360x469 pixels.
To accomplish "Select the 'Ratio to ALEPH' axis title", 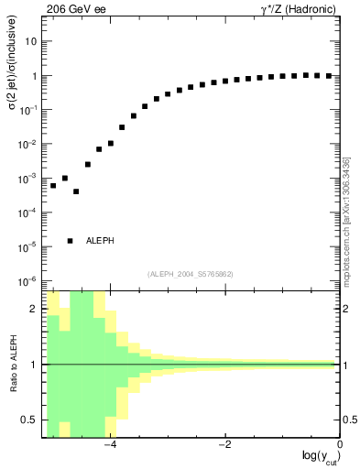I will (14, 365).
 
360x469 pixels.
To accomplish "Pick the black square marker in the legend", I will (71, 241).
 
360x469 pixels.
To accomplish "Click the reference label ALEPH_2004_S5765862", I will (191, 274).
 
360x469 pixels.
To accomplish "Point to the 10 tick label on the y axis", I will (31, 42).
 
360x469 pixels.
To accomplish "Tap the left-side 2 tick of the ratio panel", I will (35, 309).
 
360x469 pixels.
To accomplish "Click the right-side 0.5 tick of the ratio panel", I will (350, 420).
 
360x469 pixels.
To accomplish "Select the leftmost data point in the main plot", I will (53, 186).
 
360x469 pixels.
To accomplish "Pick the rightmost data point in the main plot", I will (328, 76).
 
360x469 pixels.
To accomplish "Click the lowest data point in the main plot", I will (76, 191).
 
